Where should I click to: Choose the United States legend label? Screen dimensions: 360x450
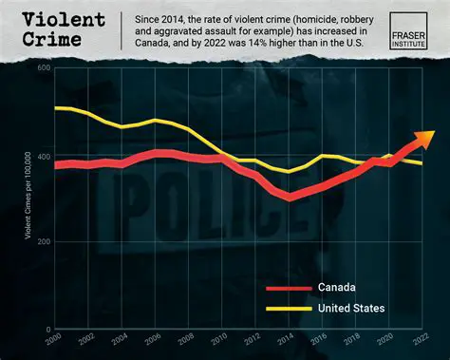[x=351, y=308]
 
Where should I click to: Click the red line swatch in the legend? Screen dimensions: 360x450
[x=286, y=287]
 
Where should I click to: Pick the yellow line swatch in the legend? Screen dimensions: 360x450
[x=286, y=308]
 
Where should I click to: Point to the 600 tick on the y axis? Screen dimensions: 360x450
[x=44, y=69]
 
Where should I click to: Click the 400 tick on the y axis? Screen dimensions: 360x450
[x=44, y=156]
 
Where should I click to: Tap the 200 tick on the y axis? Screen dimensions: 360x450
[x=44, y=243]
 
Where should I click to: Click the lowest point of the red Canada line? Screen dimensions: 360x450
[x=290, y=197]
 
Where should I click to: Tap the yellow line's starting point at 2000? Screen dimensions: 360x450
[x=57, y=108]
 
